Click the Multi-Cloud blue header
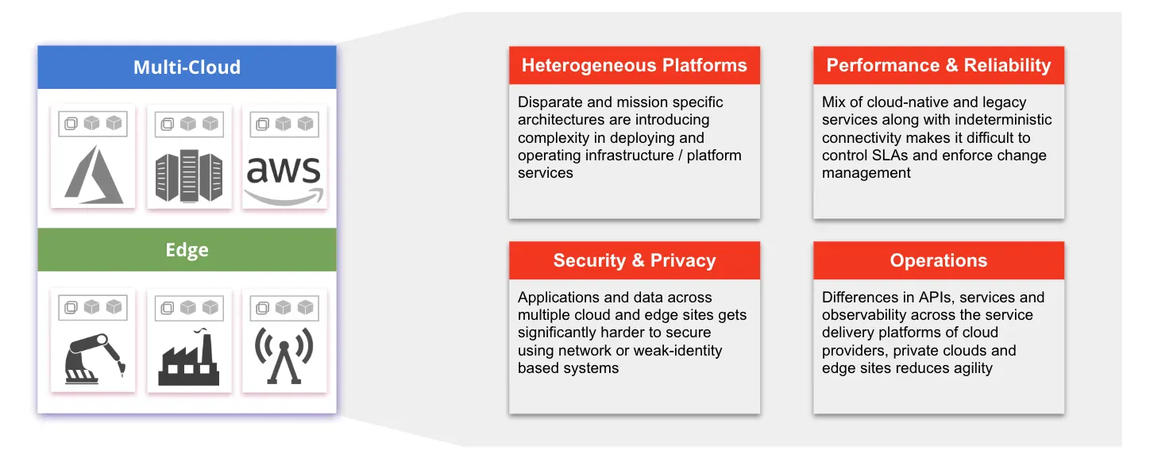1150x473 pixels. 187,67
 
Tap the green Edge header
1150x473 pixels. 187,250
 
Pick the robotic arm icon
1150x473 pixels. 93,359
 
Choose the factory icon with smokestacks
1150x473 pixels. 188,359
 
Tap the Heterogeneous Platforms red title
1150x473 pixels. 634,66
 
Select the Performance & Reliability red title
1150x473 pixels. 938,66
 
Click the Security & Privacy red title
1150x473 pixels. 634,261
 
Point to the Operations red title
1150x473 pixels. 938,261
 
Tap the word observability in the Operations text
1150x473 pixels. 868,315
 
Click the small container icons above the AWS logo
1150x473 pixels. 284,124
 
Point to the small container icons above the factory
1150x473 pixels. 188,307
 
